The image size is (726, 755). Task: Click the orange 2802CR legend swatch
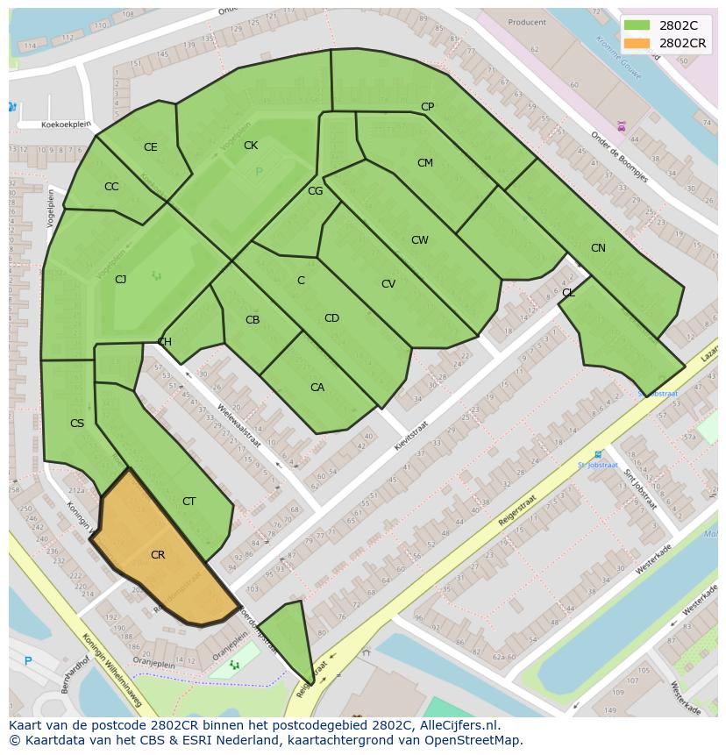[x=637, y=43]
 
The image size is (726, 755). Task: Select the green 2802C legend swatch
[x=637, y=25]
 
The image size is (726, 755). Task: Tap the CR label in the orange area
[x=158, y=555]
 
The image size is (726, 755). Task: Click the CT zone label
[x=189, y=502]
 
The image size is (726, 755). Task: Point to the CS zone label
[x=77, y=424]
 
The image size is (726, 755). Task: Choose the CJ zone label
[x=121, y=280]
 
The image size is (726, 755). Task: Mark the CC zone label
[x=111, y=187]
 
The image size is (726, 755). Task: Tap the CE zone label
[x=151, y=147]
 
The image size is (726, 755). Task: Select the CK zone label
[x=251, y=146]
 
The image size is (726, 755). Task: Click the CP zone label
[x=427, y=107]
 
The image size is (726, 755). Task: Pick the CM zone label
[x=425, y=163]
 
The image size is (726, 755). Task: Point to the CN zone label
[x=598, y=248]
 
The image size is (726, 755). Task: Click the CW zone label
[x=420, y=240]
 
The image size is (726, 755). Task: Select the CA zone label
[x=317, y=388]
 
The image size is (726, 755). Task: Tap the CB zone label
[x=253, y=320]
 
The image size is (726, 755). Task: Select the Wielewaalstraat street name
[x=239, y=424]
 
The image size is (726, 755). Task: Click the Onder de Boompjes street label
[x=619, y=157]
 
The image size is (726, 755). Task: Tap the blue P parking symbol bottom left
[x=28, y=661]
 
